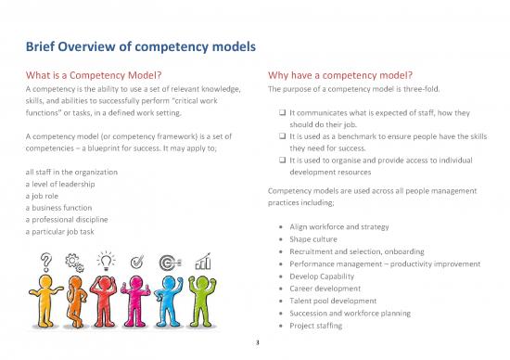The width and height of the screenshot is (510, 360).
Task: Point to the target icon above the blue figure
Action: (x=172, y=262)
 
